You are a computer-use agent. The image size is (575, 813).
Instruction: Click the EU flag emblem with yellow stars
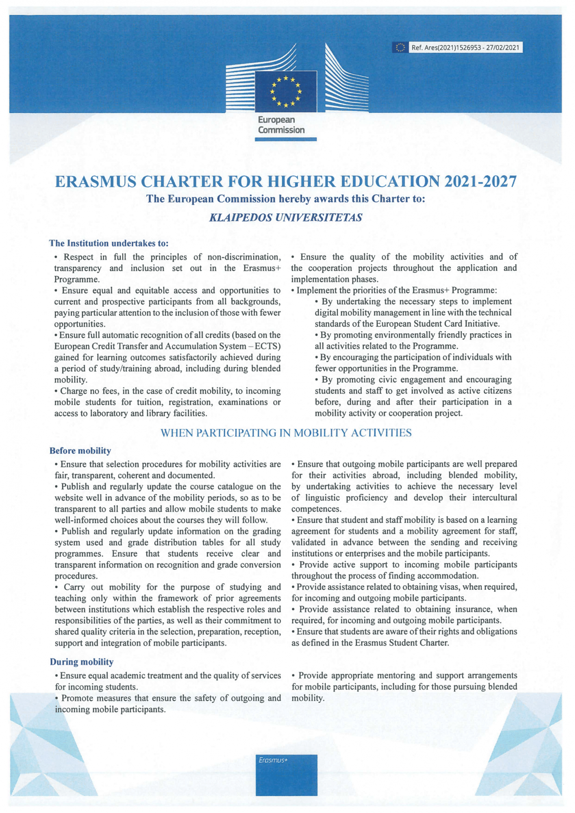click(x=286, y=91)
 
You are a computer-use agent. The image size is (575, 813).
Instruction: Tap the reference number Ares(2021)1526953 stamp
click(x=465, y=48)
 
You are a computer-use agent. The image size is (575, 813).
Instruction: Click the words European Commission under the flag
click(x=281, y=125)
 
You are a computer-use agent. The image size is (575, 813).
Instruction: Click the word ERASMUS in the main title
click(x=95, y=181)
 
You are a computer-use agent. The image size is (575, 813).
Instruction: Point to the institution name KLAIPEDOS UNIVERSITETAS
click(x=285, y=217)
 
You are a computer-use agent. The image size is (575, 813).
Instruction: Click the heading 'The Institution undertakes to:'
click(x=109, y=243)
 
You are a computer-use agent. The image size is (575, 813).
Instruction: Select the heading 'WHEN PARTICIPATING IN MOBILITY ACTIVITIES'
click(x=286, y=433)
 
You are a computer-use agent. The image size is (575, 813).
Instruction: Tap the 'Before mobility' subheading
click(x=80, y=450)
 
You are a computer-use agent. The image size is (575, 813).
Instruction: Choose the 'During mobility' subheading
click(x=82, y=662)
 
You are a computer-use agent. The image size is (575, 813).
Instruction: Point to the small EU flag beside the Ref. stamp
click(x=400, y=48)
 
